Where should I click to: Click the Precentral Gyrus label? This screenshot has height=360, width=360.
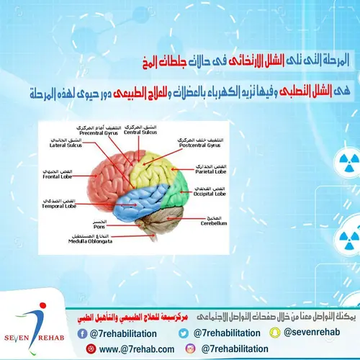[99, 132]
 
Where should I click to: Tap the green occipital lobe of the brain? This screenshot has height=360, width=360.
[180, 190]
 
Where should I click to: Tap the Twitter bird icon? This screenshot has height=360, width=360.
[184, 333]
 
